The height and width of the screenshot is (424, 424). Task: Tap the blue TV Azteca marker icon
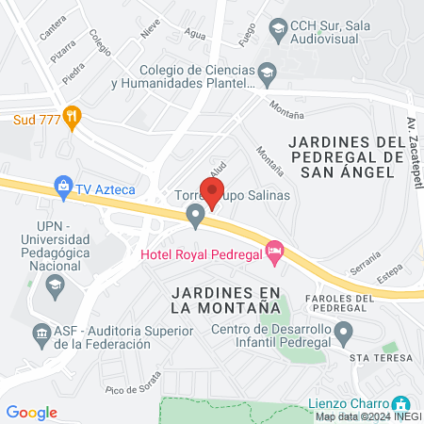click(63, 187)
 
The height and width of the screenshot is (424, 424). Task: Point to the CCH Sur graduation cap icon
click(278, 31)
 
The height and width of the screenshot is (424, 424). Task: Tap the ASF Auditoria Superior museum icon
click(41, 333)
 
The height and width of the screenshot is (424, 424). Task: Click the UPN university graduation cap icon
click(56, 286)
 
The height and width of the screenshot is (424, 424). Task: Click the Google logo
click(32, 412)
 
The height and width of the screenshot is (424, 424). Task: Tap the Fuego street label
click(248, 34)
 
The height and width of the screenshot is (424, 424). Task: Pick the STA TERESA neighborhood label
click(381, 359)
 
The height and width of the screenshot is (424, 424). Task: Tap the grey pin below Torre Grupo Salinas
click(196, 218)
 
